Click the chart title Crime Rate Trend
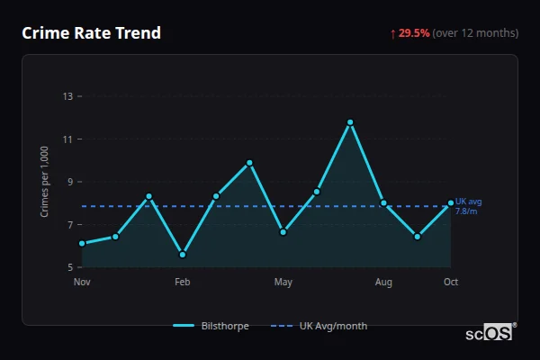click(x=92, y=33)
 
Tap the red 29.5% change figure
click(x=414, y=33)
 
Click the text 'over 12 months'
click(x=475, y=33)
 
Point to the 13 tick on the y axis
click(x=68, y=96)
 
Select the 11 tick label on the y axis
click(x=68, y=139)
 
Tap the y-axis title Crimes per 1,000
click(x=45, y=181)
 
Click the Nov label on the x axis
click(x=82, y=283)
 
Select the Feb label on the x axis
click(x=183, y=283)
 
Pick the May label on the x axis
click(x=283, y=283)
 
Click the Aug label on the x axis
click(x=383, y=283)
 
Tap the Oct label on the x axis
click(x=451, y=283)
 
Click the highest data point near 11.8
click(x=350, y=121)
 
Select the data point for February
click(x=183, y=255)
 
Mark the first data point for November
click(x=82, y=243)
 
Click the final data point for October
click(x=451, y=203)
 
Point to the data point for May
click(x=283, y=232)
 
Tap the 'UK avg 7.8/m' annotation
click(x=468, y=206)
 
